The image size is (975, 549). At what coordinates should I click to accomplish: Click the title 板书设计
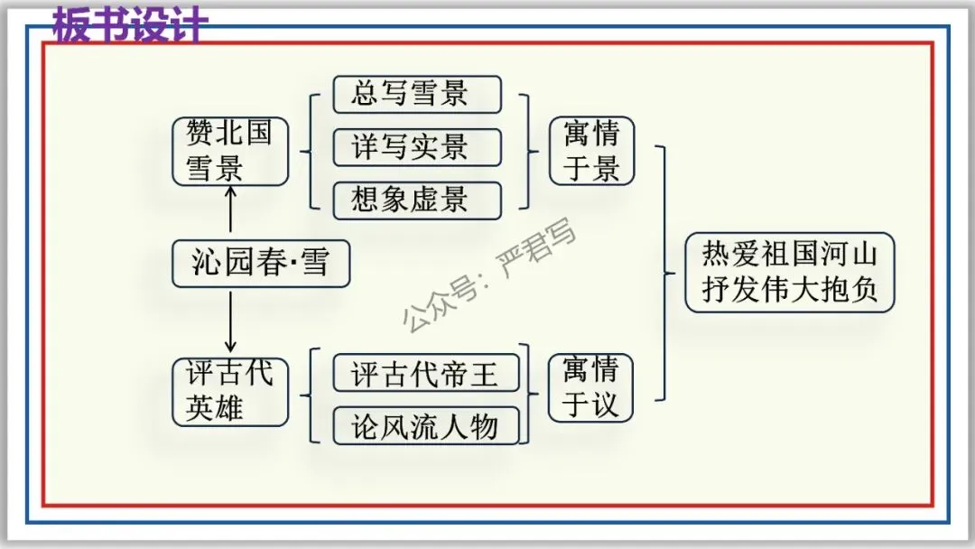[130, 25]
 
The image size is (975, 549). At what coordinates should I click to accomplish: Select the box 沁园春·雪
[261, 263]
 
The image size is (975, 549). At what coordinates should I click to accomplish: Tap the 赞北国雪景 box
[230, 151]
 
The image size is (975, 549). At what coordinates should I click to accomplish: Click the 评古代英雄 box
[230, 391]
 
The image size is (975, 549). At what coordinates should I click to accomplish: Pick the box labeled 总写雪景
[417, 95]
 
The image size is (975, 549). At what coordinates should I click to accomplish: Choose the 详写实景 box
[417, 147]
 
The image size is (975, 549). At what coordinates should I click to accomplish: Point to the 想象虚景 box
[417, 200]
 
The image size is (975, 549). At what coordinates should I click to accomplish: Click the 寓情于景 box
[591, 151]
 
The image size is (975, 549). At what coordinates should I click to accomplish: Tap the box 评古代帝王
[425, 373]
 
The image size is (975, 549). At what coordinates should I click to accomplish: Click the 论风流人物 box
[425, 425]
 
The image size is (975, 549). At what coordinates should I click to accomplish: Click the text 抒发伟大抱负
[789, 291]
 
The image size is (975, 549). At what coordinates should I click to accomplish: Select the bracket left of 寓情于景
[533, 151]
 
